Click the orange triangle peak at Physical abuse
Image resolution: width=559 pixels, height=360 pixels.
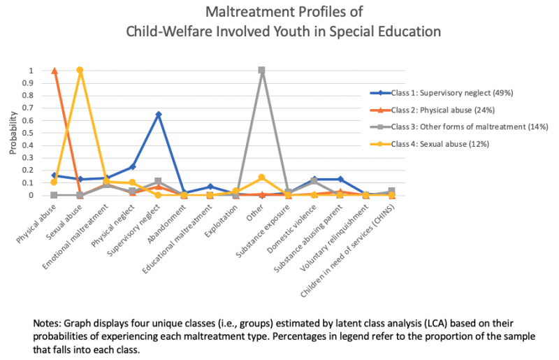[55, 71]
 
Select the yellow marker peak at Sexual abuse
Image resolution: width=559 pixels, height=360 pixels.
[80, 71]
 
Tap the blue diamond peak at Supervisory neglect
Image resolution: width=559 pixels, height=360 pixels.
[159, 114]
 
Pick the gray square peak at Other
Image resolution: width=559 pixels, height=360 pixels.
[262, 71]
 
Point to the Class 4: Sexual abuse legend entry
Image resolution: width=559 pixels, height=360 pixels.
[440, 143]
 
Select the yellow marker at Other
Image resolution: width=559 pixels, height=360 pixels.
[262, 178]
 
